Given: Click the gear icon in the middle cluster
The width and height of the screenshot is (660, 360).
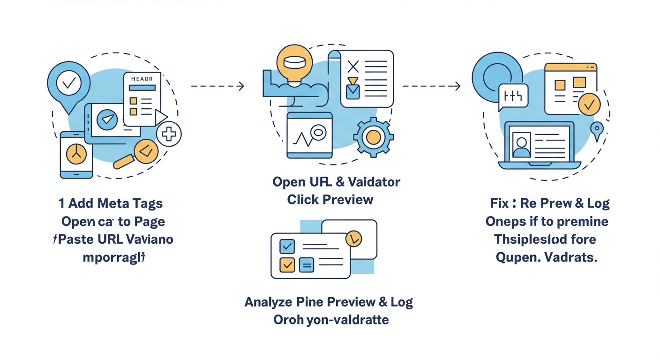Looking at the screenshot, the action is click(373, 136).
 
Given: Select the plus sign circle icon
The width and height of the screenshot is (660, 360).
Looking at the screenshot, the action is click(168, 135).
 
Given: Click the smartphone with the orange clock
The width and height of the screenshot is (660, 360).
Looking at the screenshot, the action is click(76, 155).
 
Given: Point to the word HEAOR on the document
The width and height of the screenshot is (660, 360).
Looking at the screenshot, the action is click(142, 79).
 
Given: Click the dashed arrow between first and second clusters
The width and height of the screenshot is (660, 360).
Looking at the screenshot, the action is click(217, 86).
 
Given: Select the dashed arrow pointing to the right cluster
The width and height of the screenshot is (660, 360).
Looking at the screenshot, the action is click(431, 86).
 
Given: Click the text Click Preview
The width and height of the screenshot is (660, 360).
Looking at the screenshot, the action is click(330, 200).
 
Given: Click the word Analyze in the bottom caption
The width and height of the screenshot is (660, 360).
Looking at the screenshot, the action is click(268, 302).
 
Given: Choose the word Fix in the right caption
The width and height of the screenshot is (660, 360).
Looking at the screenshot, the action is click(499, 203).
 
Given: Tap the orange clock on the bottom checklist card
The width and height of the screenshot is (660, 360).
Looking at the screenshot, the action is click(353, 239).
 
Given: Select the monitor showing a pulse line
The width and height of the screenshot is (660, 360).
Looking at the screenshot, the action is click(309, 136).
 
